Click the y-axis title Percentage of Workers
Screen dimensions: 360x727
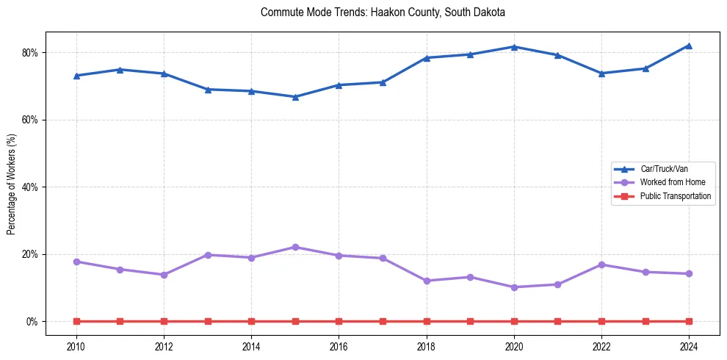pos(11,183)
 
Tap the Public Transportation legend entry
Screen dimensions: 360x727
pos(675,196)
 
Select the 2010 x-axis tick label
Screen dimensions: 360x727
pos(76,347)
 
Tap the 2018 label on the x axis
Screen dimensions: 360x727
pos(427,347)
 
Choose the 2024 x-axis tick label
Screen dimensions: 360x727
pos(689,347)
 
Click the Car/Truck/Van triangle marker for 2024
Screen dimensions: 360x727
pos(689,46)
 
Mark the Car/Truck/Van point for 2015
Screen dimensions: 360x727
pos(295,96)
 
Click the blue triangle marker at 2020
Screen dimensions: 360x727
pos(514,47)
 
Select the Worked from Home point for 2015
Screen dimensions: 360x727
pos(295,247)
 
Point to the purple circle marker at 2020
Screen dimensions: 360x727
pos(514,287)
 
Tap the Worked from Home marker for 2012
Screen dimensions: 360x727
pos(164,275)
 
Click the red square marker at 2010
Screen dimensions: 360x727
pos(76,321)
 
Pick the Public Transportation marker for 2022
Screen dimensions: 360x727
pos(601,321)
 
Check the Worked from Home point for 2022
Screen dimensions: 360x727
pos(601,264)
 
